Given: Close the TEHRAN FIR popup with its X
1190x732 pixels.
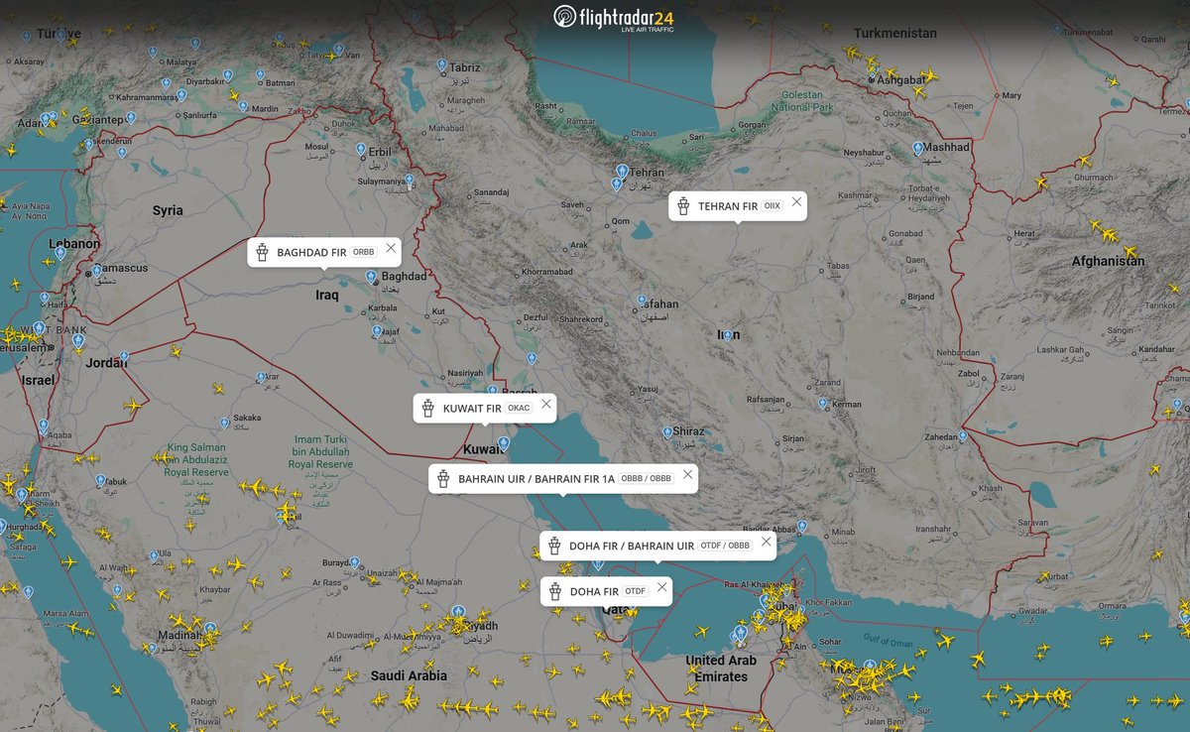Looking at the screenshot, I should [x=796, y=202].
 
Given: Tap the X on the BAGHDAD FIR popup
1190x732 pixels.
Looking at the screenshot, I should [x=392, y=248].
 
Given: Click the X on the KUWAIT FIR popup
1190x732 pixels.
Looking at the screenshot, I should [x=545, y=404].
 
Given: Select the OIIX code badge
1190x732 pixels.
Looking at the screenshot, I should [x=772, y=205].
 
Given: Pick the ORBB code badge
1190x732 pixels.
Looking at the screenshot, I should [x=364, y=252].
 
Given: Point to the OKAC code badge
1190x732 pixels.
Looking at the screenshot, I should [x=519, y=408].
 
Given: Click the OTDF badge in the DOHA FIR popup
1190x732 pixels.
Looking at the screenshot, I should [x=636, y=592].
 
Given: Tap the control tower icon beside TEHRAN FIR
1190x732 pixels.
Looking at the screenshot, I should [x=683, y=206].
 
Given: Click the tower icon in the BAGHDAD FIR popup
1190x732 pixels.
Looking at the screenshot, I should [x=262, y=252].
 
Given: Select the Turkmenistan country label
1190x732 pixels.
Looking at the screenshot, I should [x=894, y=33].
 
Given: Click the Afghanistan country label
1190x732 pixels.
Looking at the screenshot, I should [x=1108, y=261].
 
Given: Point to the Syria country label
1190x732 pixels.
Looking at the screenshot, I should [x=168, y=210].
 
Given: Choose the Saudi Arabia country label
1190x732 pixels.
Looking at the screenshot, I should [x=409, y=675].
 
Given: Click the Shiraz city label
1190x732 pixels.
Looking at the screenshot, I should [x=688, y=431].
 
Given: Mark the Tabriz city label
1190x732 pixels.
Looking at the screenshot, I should [x=464, y=67].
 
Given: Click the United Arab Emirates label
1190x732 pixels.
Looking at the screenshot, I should [x=721, y=669].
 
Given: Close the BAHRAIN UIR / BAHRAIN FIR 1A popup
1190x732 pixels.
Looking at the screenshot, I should [x=688, y=474].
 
